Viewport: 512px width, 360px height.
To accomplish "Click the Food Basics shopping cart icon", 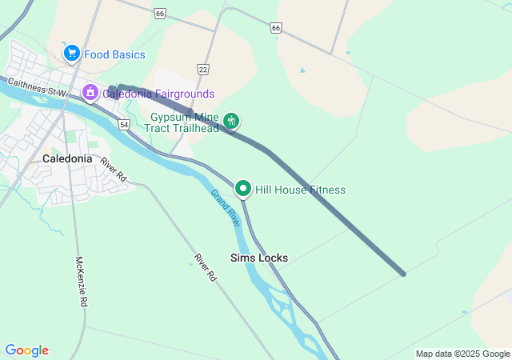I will coord(72,54).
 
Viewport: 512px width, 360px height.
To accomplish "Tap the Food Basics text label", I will coord(114,54).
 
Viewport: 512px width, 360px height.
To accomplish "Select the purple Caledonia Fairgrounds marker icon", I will coord(90,93).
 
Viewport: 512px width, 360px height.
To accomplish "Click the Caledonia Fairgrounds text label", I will coord(158,94).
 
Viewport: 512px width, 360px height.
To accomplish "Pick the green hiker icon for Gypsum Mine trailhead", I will coord(231,121).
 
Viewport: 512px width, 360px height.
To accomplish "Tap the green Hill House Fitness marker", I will coord(243,189).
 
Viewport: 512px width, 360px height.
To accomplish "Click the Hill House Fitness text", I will coord(300,190).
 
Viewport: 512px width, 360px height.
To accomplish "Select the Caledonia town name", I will coord(67,158).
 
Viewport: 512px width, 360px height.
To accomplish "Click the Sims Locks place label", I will coord(258,258).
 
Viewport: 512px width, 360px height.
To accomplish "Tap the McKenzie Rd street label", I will coord(81,282).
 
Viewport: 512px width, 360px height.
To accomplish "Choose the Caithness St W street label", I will coord(37,87).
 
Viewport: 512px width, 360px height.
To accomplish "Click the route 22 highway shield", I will coord(203,70).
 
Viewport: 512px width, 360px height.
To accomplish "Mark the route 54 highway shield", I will coord(123,125).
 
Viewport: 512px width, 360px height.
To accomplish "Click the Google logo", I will coord(26,350).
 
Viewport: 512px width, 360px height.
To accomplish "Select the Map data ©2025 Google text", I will coord(462,354).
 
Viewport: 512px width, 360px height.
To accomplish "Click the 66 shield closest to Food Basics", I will coord(161,14).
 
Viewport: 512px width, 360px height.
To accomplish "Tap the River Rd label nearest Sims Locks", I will coord(206,266).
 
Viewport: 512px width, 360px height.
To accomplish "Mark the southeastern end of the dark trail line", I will coord(403,274).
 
